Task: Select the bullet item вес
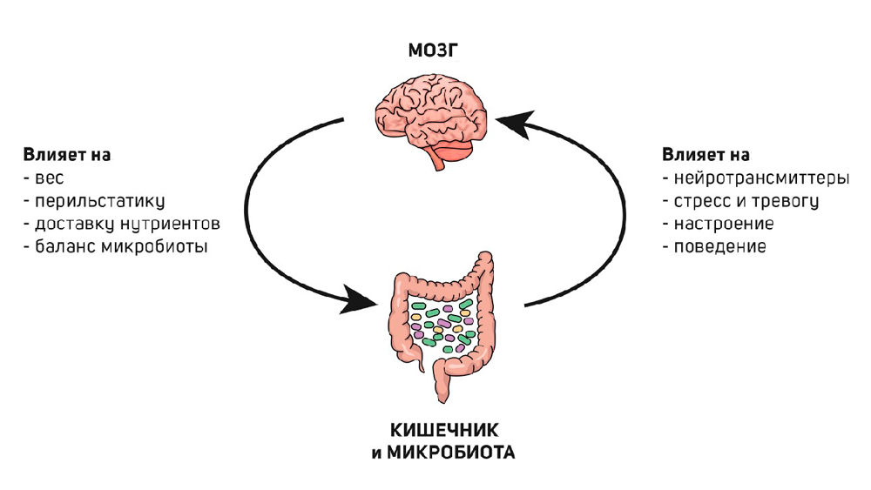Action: click(x=45, y=178)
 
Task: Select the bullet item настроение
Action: click(x=723, y=224)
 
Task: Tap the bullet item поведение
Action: click(x=719, y=246)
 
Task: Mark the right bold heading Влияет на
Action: click(x=705, y=156)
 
